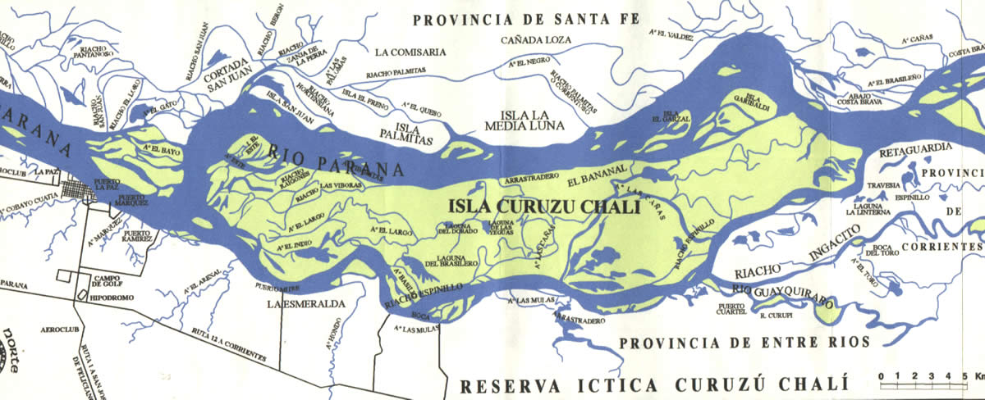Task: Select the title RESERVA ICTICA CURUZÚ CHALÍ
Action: [x=652, y=386]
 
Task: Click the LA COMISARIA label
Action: [x=410, y=52]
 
